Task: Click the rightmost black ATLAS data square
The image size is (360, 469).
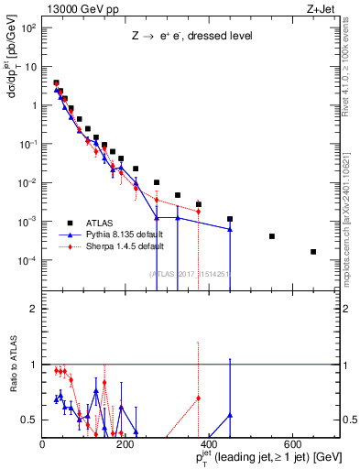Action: point(313,252)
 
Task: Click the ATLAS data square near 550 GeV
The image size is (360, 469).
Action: point(272,236)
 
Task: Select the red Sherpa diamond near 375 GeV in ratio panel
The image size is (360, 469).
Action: point(199,398)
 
